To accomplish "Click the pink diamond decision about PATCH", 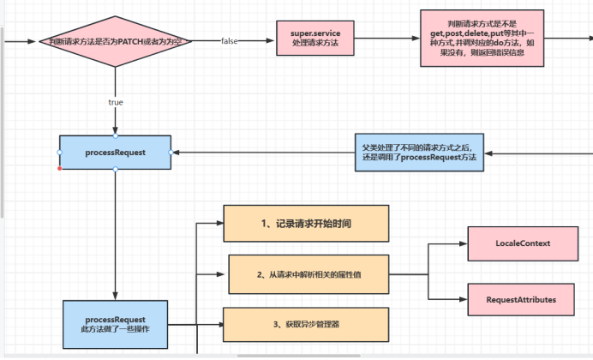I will coord(116,41).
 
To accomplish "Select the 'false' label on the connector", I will coord(230,41).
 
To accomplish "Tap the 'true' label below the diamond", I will coord(116,102).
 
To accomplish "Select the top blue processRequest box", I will coord(115,152).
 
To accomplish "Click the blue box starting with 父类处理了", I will coord(420,153).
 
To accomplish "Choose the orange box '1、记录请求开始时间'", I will coord(305,224).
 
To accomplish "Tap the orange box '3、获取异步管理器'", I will coord(305,324).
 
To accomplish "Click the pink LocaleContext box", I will coord(523,244).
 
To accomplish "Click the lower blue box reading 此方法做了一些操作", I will coord(115,323).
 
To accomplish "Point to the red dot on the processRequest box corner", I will coord(60,168).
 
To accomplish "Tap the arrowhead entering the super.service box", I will coord(272,41).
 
